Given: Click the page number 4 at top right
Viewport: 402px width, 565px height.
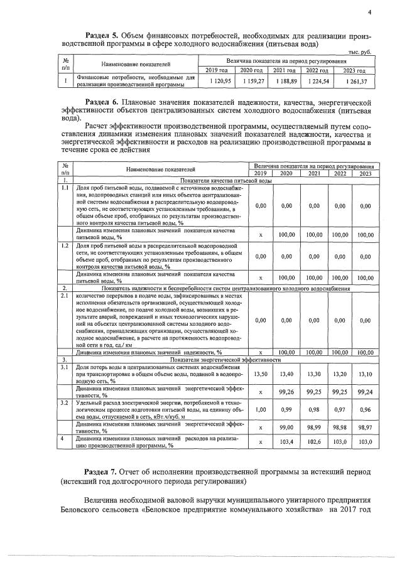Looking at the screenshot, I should (370, 12).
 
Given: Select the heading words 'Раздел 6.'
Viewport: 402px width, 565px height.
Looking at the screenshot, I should (104, 102).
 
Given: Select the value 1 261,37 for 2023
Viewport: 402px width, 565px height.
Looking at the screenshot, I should (356, 81).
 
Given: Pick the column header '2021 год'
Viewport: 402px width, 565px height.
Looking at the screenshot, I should (284, 70).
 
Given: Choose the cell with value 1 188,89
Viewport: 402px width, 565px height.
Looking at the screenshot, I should (284, 81).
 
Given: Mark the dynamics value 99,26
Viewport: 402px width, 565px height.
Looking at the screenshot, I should (287, 392).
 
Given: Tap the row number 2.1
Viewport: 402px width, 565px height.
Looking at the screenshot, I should (64, 294).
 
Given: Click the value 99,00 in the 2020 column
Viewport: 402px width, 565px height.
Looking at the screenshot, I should (287, 428).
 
